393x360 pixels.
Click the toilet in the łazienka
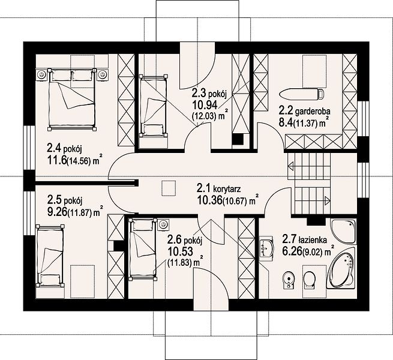[x=310, y=279]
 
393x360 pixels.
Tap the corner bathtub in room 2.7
[x=343, y=271]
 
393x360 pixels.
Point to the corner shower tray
[x=343, y=231]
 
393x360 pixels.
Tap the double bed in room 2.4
[x=72, y=99]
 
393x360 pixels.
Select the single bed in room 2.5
[x=50, y=256]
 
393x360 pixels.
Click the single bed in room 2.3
[x=154, y=106]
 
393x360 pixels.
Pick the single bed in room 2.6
[x=143, y=249]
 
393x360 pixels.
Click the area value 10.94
[x=205, y=105]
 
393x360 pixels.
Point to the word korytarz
[x=227, y=188]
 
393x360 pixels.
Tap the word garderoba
[x=313, y=111]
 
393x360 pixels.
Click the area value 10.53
[x=181, y=251]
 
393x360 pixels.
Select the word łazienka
[x=313, y=240]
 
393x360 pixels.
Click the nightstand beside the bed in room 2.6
[x=163, y=224]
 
